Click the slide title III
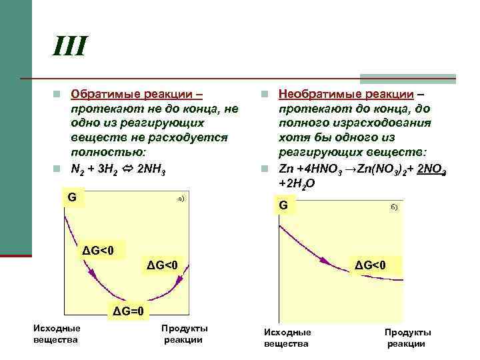(x=71, y=47)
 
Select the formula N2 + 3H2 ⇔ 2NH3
(x=120, y=168)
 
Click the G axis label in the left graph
(x=71, y=197)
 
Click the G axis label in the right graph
(x=283, y=205)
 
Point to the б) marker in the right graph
(x=394, y=207)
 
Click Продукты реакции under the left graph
(x=184, y=334)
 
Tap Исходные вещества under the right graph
(x=287, y=337)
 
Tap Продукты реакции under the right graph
(x=407, y=337)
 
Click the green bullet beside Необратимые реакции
(x=265, y=94)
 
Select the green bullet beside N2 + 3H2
(x=58, y=168)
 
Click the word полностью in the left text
(x=100, y=153)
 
